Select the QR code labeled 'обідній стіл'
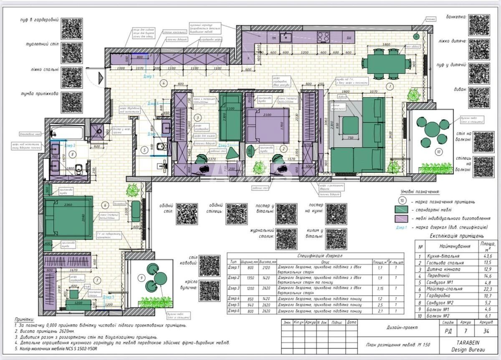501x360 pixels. click(187, 214)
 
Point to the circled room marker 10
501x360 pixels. click(438, 152)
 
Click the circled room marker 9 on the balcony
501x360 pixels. click(142, 277)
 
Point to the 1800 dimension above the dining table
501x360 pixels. click(386, 44)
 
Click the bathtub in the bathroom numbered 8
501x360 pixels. click(67, 133)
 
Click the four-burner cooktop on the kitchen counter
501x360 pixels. click(324, 37)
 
